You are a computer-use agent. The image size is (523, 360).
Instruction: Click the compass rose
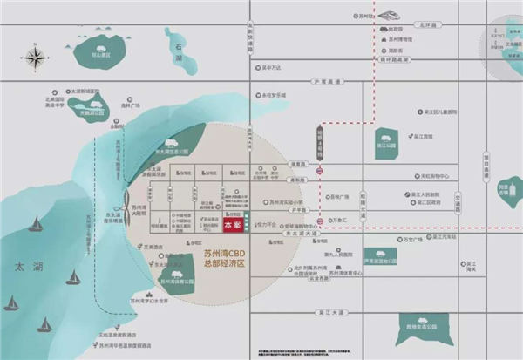pyautogui.click(x=37, y=58)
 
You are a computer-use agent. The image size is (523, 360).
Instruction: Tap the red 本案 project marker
pyautogui.click(x=233, y=224)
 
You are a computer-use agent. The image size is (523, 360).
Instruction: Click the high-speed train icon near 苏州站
pyautogui.click(x=385, y=16)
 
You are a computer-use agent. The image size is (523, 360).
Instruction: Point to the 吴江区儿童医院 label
pyautogui.click(x=436, y=112)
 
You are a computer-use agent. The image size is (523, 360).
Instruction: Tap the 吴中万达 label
pyautogui.click(x=270, y=66)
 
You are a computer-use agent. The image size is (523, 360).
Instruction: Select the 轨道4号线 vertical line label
pyautogui.click(x=321, y=139)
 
